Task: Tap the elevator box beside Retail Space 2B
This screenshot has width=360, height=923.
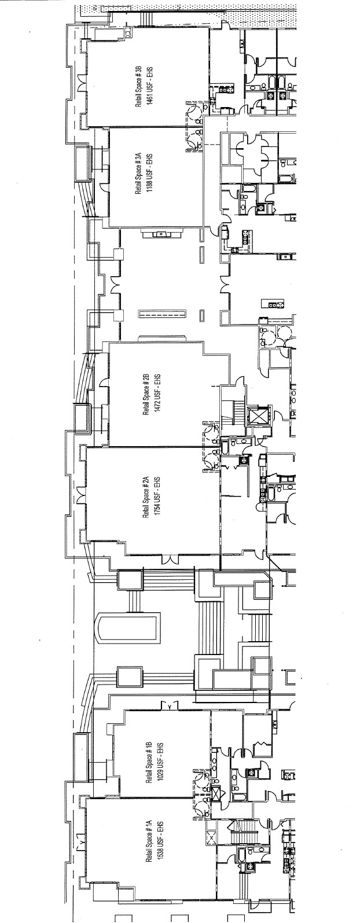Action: [255, 415]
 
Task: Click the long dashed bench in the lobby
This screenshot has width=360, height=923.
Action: [162, 314]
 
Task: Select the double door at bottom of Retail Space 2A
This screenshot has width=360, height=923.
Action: [170, 559]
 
